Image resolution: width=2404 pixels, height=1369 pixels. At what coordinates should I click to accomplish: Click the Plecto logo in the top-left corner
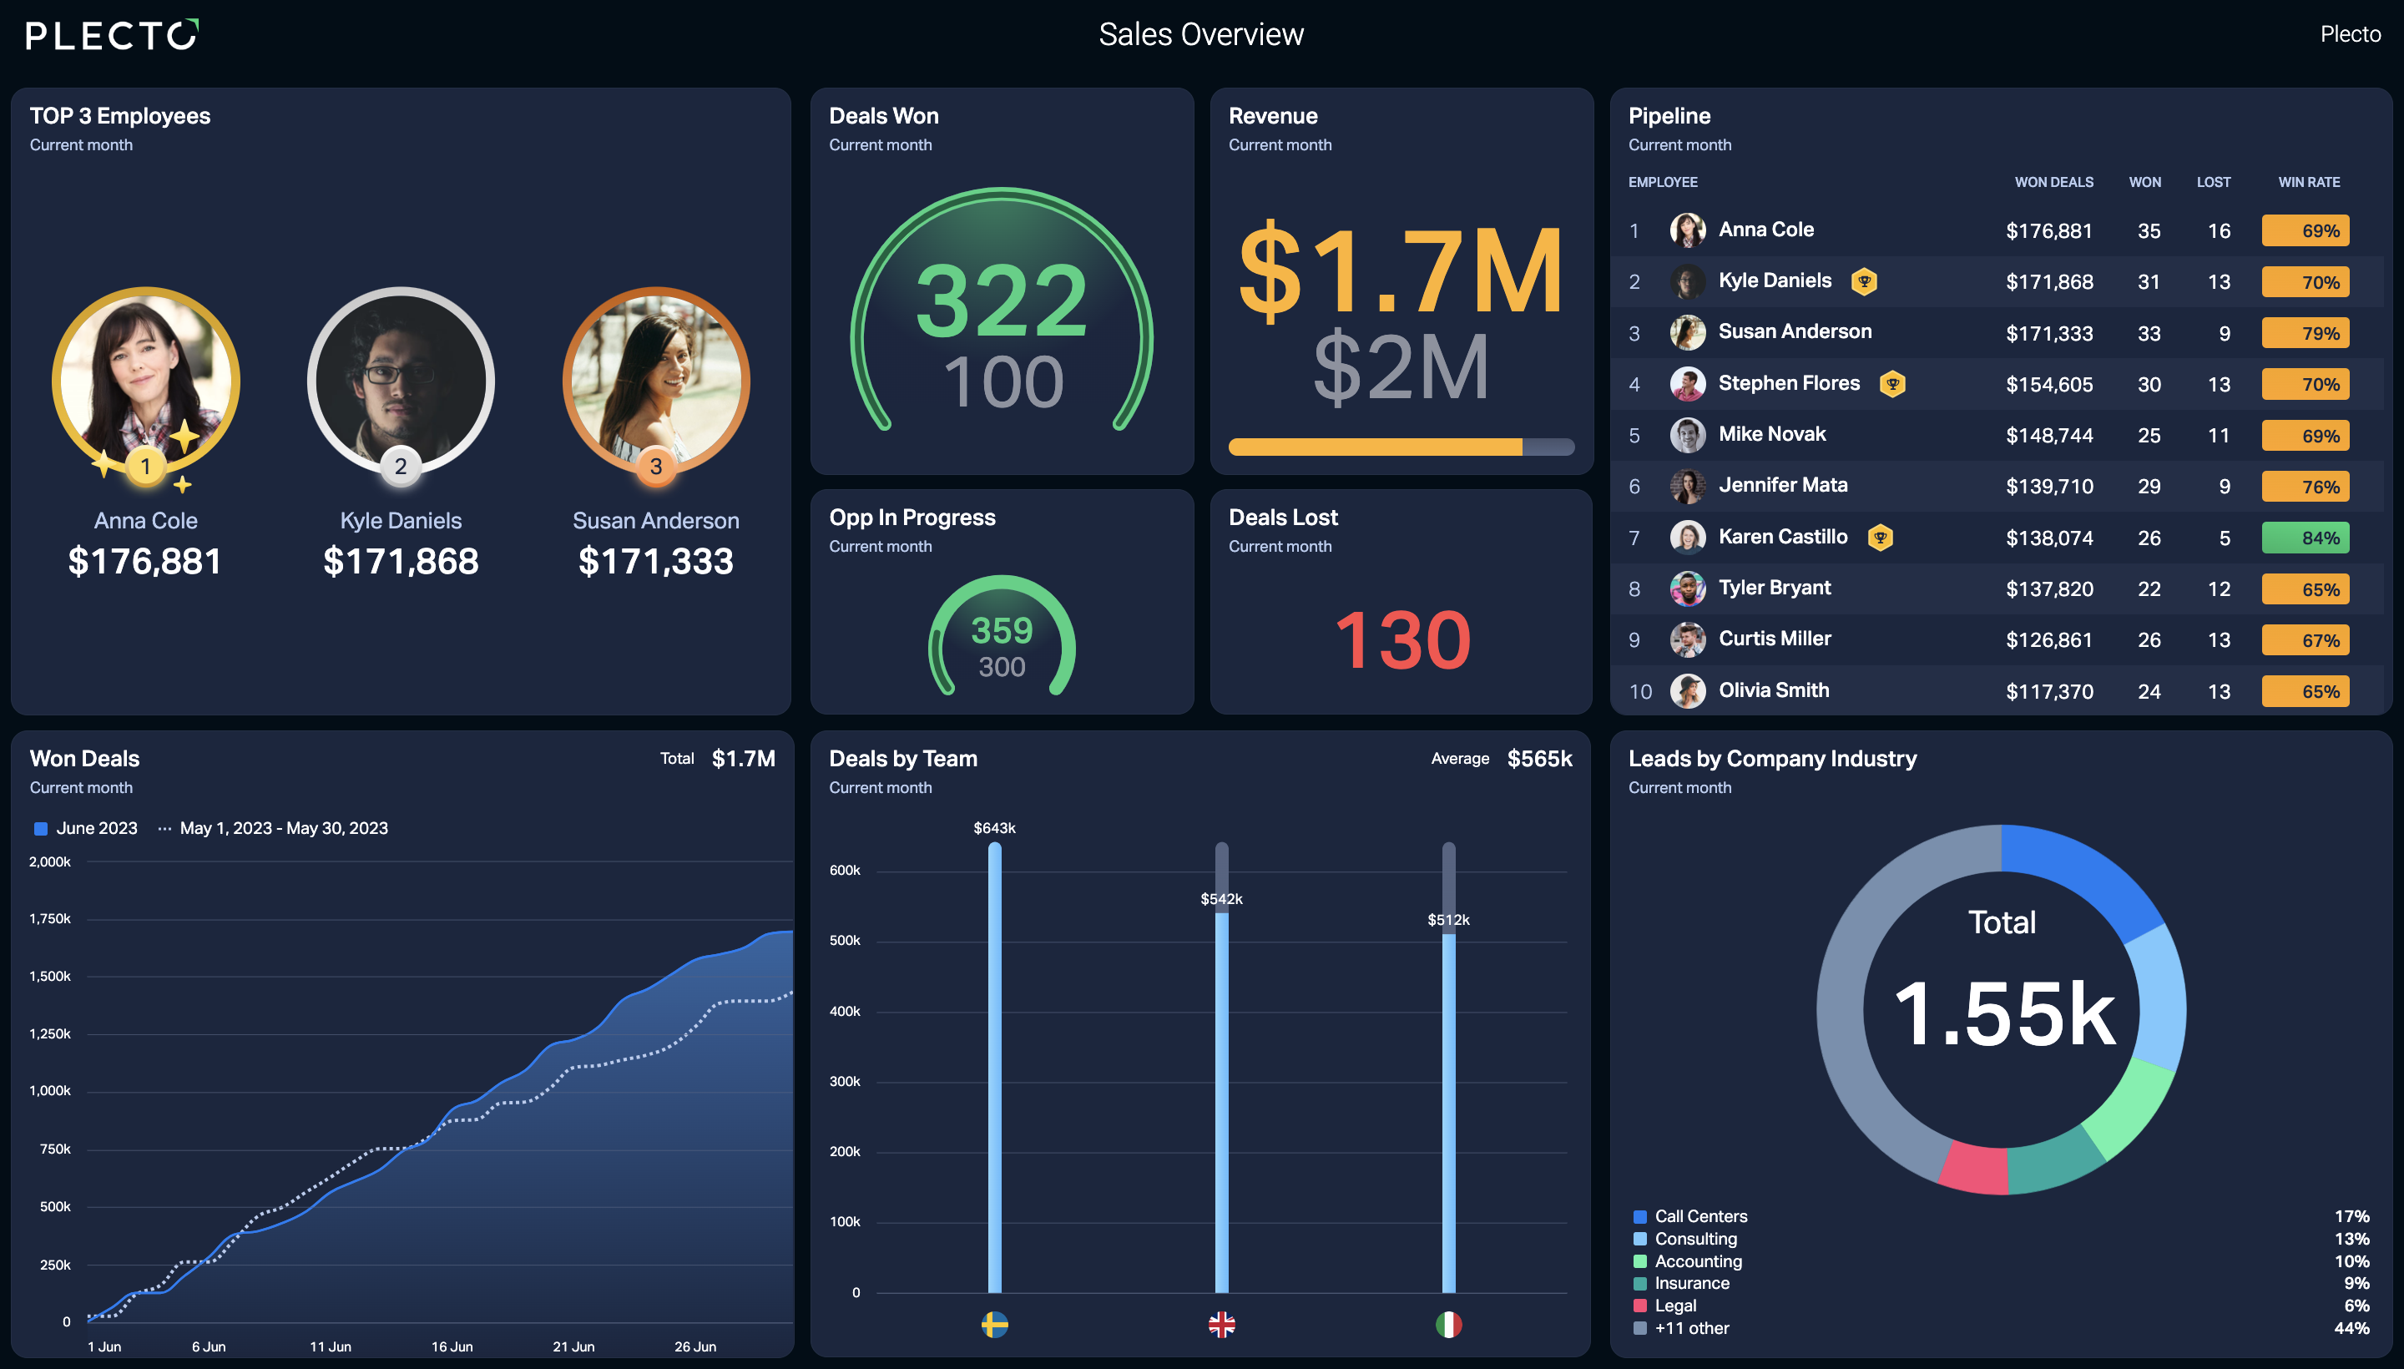[112, 35]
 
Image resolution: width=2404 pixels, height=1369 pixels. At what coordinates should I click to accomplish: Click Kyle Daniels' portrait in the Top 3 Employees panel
[401, 380]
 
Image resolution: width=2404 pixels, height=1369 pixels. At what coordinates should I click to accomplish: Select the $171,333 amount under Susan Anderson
[655, 561]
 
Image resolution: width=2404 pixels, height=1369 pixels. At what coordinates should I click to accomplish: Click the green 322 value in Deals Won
[1002, 301]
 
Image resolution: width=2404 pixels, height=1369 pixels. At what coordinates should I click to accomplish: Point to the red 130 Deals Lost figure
[1401, 640]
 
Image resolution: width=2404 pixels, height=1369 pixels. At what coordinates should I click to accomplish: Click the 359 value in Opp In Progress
[1002, 630]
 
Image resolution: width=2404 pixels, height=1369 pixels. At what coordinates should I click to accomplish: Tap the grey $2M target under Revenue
[1401, 366]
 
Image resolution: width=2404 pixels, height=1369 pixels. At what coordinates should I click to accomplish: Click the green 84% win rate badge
[2306, 538]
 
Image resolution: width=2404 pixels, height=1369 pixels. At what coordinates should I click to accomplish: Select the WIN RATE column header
[2309, 183]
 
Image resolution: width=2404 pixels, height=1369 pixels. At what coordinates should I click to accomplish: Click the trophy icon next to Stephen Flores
[1892, 384]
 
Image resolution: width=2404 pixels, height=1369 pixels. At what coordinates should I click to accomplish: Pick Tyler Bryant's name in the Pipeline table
[1774, 588]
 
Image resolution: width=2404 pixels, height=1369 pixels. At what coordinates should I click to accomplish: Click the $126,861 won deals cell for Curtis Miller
[2048, 640]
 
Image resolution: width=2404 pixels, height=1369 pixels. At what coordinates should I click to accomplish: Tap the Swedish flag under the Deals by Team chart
[995, 1325]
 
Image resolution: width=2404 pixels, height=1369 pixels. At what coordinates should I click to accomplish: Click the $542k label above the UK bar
[1221, 899]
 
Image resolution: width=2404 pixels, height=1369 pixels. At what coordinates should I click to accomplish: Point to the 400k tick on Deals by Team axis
[844, 1012]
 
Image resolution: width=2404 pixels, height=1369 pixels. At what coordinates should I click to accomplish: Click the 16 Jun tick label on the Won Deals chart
[452, 1346]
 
